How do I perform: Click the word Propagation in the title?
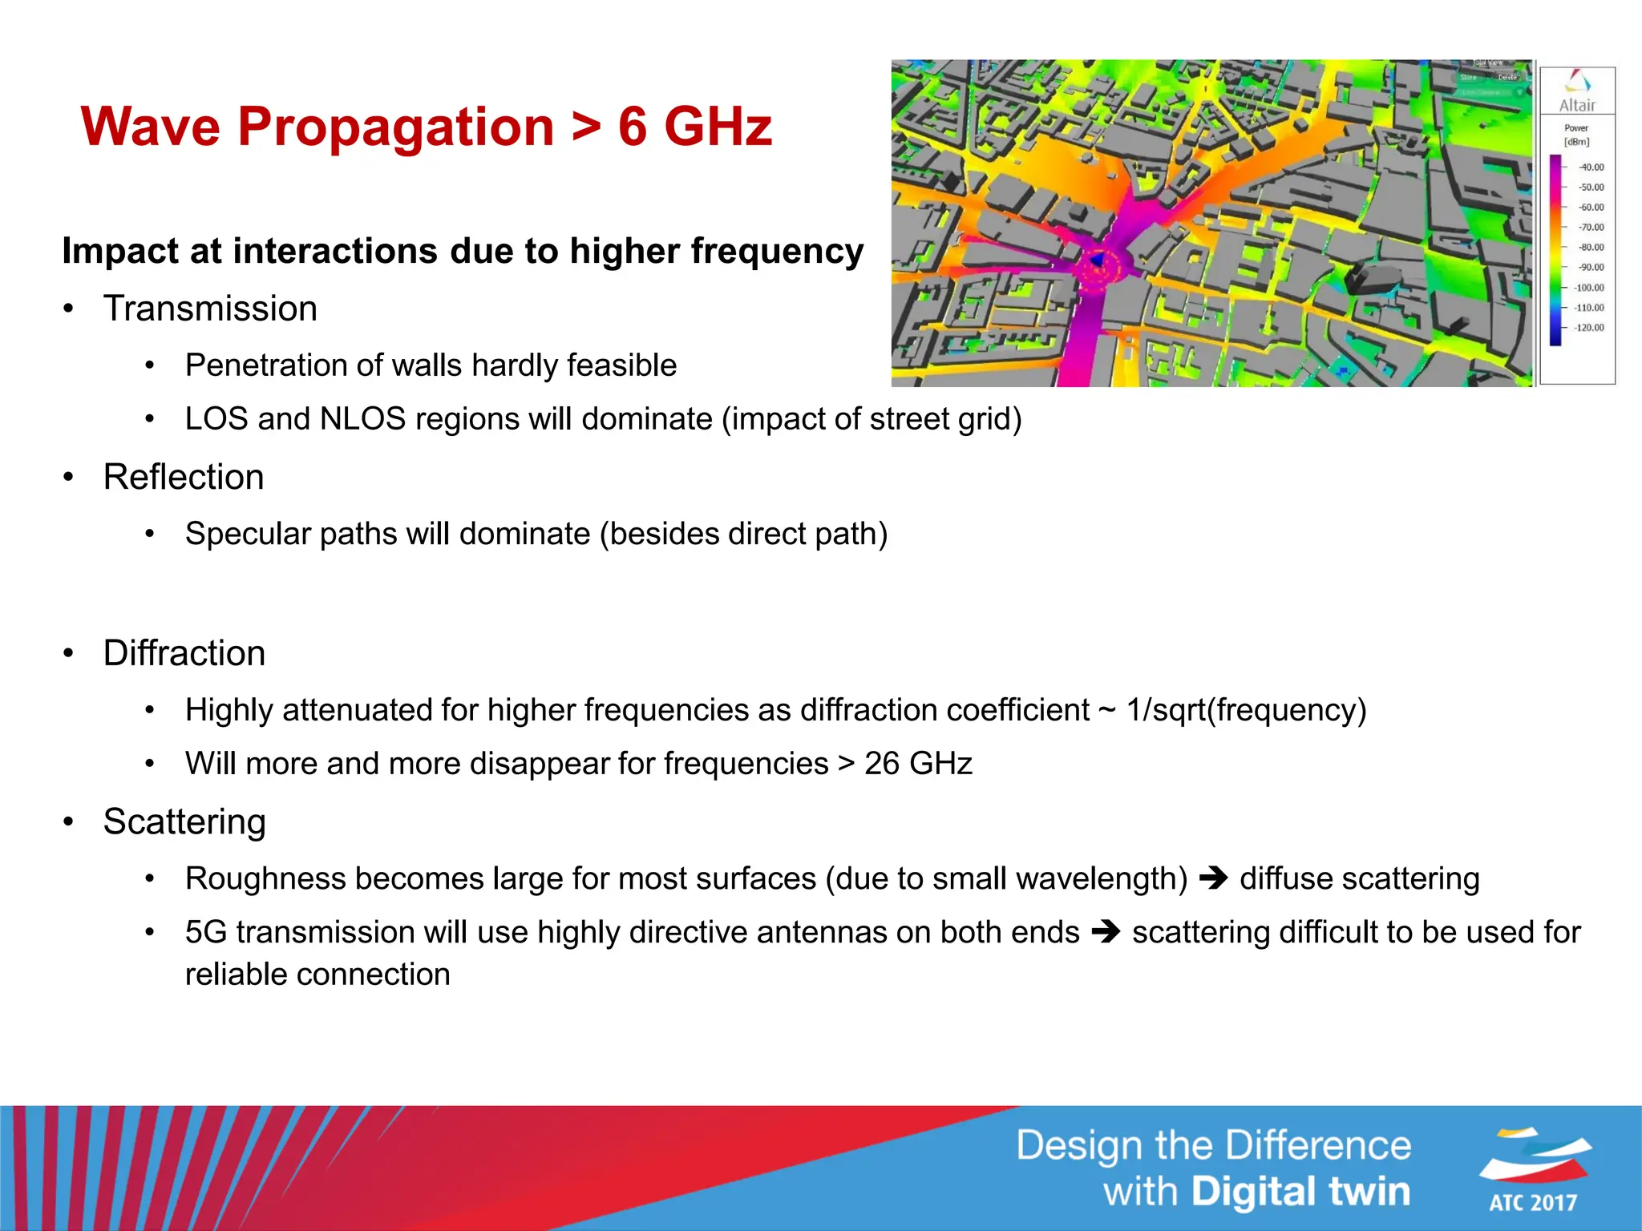[x=395, y=128]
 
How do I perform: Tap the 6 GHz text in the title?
[x=694, y=127]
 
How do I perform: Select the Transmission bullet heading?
[x=210, y=309]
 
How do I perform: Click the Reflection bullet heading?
[x=184, y=477]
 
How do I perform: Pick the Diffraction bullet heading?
[x=184, y=653]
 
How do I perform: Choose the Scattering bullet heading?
[x=184, y=821]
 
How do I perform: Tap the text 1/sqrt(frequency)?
[x=1246, y=711]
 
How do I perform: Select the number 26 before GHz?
[x=881, y=764]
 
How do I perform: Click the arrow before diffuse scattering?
[x=1213, y=878]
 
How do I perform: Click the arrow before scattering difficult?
[x=1106, y=932]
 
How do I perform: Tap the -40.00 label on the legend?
[x=1591, y=167]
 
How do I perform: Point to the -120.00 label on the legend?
[x=1589, y=328]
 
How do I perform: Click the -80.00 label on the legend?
[x=1591, y=248]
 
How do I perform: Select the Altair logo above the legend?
[x=1577, y=91]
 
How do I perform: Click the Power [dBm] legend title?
[x=1576, y=135]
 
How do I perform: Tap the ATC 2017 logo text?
[x=1533, y=1202]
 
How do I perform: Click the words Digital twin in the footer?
[x=1300, y=1192]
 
